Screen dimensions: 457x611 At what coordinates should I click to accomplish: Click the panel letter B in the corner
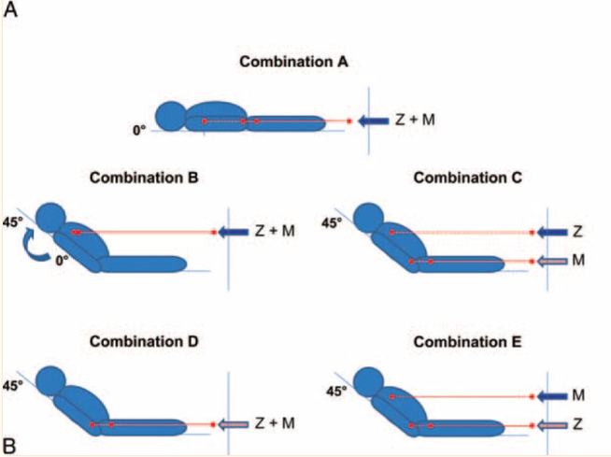tap(10, 446)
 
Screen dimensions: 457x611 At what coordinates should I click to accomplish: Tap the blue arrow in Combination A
tap(375, 121)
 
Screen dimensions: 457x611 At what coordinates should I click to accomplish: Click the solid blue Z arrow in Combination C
tap(549, 232)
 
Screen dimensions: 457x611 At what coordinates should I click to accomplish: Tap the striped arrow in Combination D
tap(234, 424)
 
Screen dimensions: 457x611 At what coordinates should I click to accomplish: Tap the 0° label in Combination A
tap(140, 131)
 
